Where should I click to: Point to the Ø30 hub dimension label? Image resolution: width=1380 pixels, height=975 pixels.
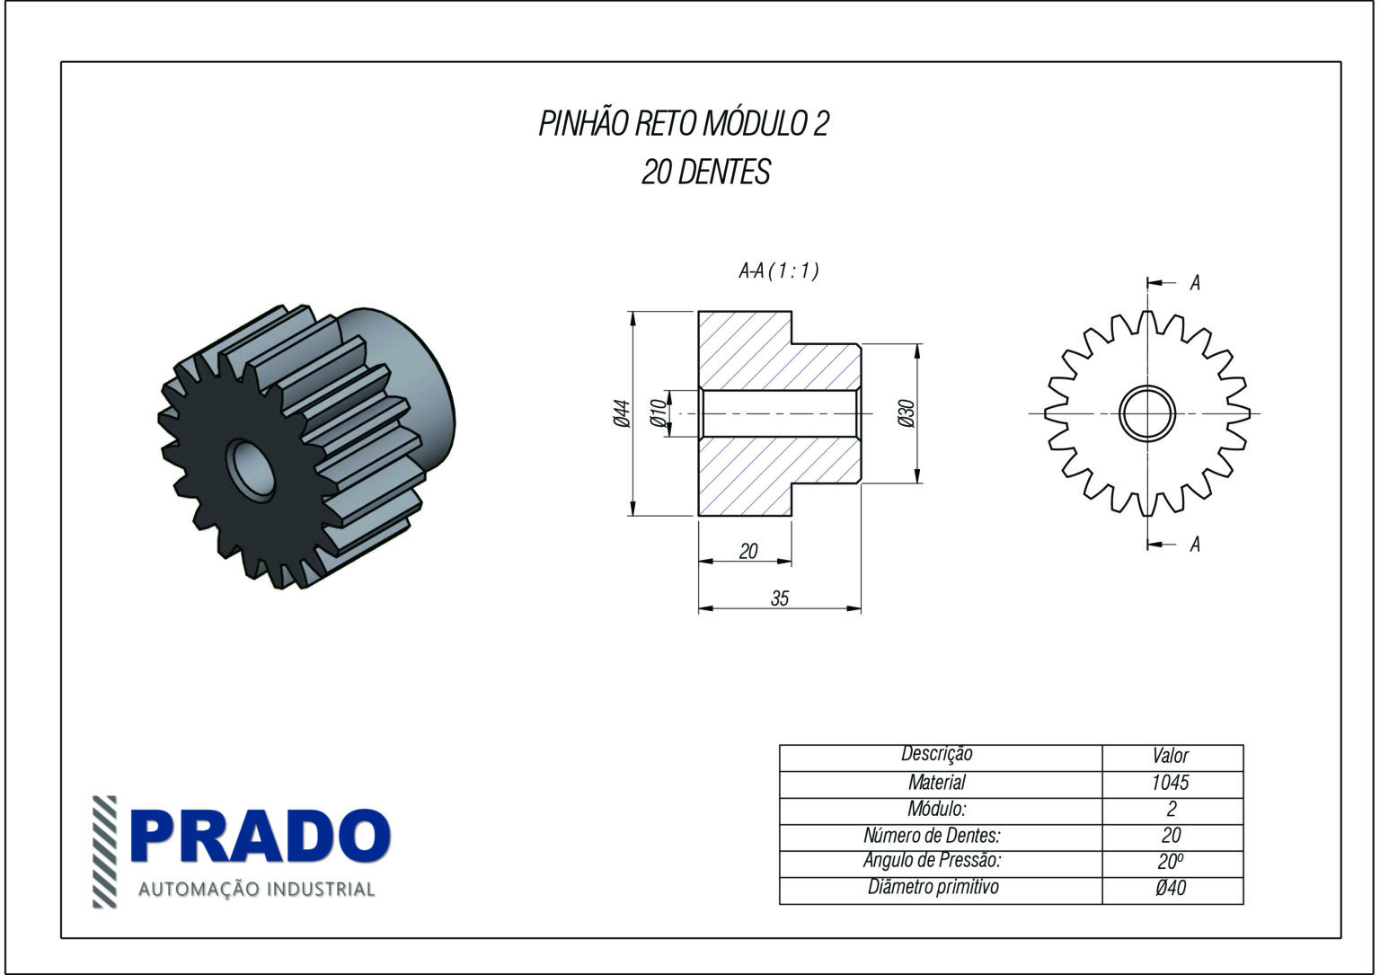click(x=906, y=413)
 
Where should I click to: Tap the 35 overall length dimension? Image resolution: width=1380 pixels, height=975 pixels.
click(x=780, y=598)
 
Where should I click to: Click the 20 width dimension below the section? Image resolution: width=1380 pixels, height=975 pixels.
click(x=748, y=552)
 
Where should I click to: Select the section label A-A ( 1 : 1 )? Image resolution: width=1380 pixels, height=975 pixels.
click(x=778, y=270)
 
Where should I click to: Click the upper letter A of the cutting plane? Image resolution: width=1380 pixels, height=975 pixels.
click(x=1195, y=283)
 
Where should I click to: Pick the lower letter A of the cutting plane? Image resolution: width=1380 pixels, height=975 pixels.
click(x=1195, y=545)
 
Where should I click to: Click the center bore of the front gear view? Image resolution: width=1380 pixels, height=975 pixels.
click(x=1147, y=413)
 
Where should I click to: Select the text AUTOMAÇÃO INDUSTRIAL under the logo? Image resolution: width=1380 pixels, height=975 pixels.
click(x=256, y=890)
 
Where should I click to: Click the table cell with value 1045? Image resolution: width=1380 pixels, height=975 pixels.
click(x=1171, y=783)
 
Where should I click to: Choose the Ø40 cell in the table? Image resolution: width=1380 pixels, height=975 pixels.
click(x=1171, y=889)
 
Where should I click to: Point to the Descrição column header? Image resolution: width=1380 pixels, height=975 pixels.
click(x=936, y=755)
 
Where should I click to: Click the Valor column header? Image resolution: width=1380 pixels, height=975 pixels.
click(x=1171, y=757)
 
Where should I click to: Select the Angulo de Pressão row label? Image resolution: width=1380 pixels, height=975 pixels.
click(x=932, y=861)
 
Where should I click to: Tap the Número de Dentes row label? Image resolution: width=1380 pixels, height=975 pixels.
click(x=932, y=835)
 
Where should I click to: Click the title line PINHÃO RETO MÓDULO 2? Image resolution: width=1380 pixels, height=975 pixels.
click(x=683, y=124)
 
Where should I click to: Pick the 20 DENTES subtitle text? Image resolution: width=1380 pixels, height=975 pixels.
click(x=705, y=172)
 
